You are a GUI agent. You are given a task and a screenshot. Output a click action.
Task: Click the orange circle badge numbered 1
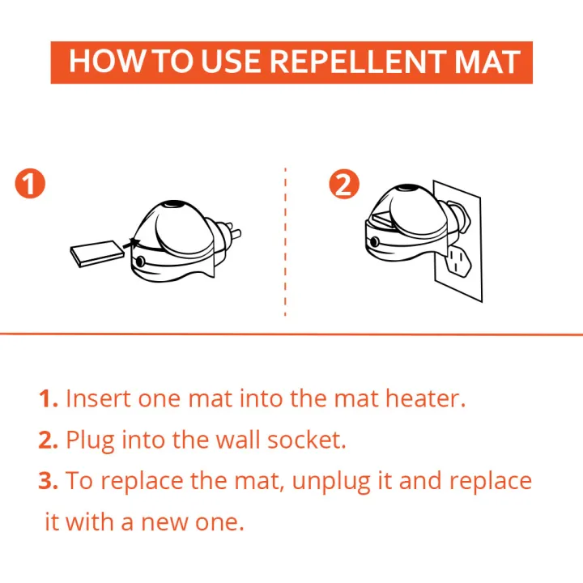click(x=30, y=185)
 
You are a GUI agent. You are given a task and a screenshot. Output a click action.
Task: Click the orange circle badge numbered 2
click(x=343, y=185)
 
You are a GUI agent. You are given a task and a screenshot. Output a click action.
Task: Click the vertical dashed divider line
click(x=285, y=243)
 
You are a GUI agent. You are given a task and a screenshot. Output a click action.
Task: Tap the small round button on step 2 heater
click(x=375, y=243)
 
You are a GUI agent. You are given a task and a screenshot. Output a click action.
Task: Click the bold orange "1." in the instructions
click(x=48, y=398)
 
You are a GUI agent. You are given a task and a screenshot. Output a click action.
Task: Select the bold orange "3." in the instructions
click(x=49, y=480)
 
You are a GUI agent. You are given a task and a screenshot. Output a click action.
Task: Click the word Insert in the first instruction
click(x=96, y=398)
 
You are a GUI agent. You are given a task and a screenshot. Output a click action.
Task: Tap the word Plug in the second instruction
click(x=90, y=440)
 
